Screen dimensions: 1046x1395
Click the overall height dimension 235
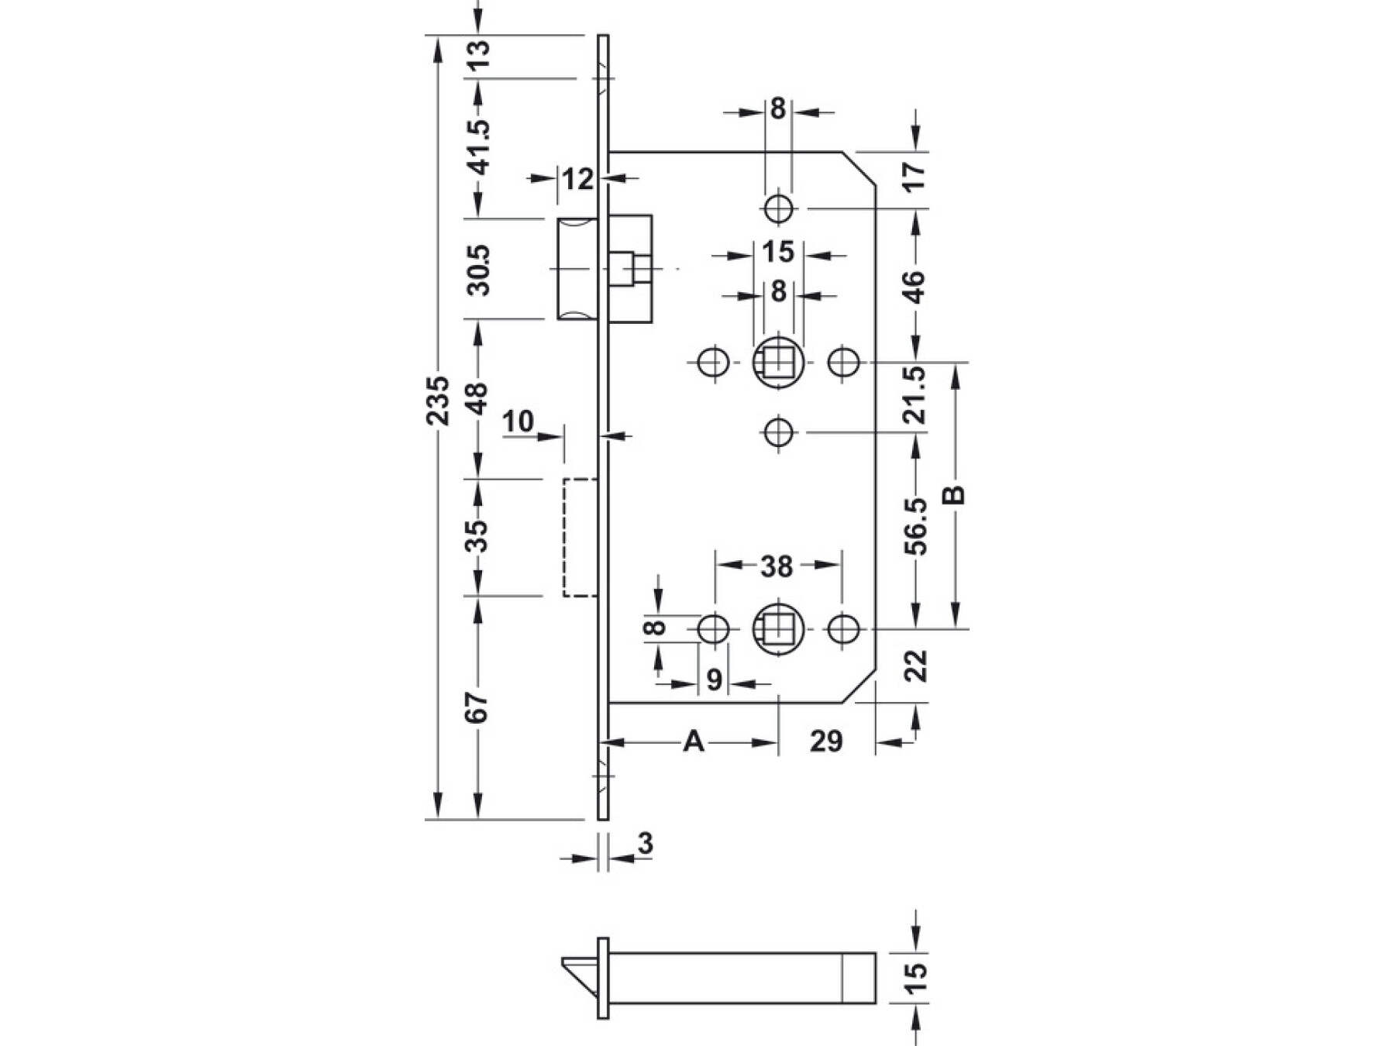[439, 400]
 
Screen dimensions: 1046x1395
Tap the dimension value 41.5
[480, 146]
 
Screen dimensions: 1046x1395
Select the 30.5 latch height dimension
[480, 269]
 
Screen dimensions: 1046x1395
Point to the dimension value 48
[478, 397]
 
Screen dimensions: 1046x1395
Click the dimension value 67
[478, 707]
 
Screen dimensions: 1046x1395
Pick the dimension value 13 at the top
[480, 56]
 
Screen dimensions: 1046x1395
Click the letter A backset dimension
[694, 741]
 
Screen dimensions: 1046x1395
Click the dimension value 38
[777, 566]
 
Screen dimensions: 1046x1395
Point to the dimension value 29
[826, 741]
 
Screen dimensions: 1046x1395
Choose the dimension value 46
[915, 287]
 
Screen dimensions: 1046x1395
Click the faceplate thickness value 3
[646, 843]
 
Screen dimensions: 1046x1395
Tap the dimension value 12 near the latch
[577, 180]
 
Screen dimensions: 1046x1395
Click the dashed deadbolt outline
[580, 538]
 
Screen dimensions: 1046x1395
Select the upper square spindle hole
[778, 362]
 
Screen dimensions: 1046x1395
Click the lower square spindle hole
[778, 628]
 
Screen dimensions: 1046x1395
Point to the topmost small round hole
[778, 208]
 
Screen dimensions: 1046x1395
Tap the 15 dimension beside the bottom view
[915, 978]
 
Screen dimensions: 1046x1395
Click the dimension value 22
[915, 665]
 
